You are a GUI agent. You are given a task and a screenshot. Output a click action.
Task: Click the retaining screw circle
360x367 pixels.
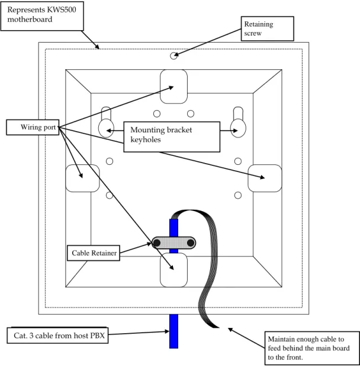pyautogui.click(x=173, y=56)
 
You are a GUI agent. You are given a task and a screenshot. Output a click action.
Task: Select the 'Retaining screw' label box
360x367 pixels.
pyautogui.click(x=268, y=28)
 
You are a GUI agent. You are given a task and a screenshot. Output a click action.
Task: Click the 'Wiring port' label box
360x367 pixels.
pyautogui.click(x=33, y=127)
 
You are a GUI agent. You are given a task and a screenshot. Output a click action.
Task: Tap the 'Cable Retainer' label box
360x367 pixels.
pyautogui.click(x=94, y=253)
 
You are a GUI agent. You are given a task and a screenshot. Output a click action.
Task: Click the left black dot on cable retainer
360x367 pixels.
pyautogui.click(x=157, y=243)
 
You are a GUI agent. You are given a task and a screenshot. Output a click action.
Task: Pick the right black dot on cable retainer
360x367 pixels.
pyautogui.click(x=191, y=243)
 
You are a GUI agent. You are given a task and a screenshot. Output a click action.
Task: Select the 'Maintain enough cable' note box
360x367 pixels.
pyautogui.click(x=312, y=348)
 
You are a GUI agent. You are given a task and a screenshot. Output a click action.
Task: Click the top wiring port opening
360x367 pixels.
pyautogui.click(x=173, y=87)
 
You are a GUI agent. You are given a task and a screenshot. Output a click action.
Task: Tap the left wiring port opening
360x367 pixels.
pyautogui.click(x=82, y=178)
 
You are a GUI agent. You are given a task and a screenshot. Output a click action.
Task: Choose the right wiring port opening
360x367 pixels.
pyautogui.click(x=265, y=178)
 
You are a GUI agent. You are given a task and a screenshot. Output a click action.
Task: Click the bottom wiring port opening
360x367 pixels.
pyautogui.click(x=173, y=270)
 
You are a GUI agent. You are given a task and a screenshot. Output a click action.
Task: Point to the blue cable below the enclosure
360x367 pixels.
pyautogui.click(x=173, y=331)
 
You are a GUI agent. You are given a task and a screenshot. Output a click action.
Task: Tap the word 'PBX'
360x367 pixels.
pyautogui.click(x=97, y=336)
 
